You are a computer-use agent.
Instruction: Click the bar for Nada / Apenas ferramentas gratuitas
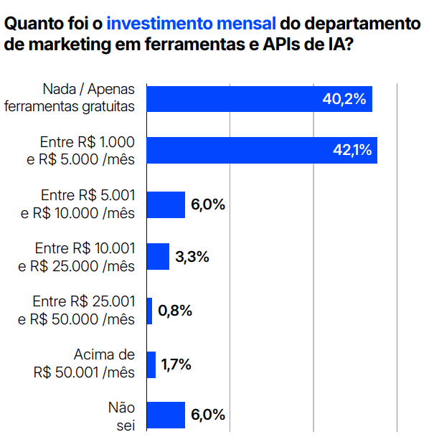point(259,99)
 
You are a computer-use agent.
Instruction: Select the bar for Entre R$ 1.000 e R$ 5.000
point(262,150)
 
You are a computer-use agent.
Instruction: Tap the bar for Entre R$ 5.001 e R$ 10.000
point(166,204)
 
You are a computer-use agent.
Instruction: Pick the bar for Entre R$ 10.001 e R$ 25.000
point(158,257)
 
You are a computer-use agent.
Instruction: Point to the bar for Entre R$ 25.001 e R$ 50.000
point(149,311)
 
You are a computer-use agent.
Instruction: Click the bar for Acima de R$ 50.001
point(151,365)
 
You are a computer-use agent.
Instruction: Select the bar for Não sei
point(166,415)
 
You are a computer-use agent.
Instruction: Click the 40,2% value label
point(344,99)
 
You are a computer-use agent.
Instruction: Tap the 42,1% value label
point(352,150)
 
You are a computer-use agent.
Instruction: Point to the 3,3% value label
point(192,257)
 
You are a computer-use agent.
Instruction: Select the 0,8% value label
point(175,311)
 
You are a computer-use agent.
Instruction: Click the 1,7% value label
point(176,365)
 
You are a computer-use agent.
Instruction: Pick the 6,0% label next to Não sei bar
point(208,415)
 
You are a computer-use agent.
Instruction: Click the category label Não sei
point(121,417)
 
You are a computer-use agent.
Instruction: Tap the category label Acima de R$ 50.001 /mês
point(84,364)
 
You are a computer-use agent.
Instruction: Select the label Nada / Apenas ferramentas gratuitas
point(70,98)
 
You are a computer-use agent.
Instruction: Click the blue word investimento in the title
point(159,23)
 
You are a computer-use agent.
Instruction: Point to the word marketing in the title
point(70,45)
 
